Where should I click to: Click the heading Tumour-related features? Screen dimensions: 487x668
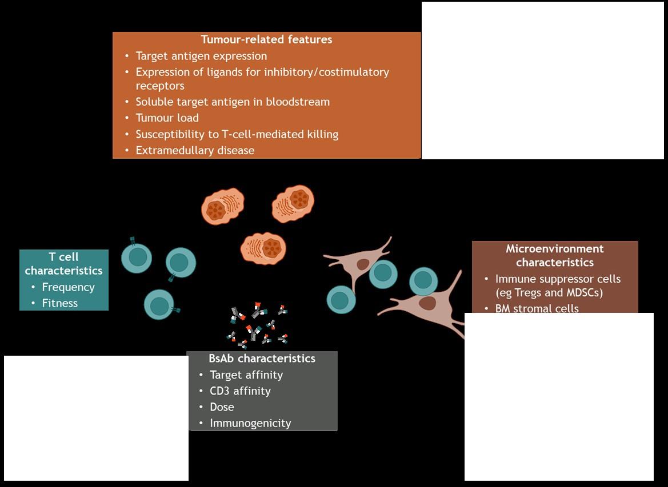[266, 39]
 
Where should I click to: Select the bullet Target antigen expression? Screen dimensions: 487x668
[201, 56]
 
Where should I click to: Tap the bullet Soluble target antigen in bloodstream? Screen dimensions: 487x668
[233, 102]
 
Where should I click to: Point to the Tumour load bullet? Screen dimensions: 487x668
[167, 118]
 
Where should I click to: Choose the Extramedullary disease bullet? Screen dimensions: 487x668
[195, 150]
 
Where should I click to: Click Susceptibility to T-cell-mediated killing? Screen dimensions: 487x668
[237, 134]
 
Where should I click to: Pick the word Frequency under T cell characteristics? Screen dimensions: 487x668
[68, 287]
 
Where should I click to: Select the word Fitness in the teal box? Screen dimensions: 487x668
[59, 303]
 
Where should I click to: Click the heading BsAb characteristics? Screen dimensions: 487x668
[262, 359]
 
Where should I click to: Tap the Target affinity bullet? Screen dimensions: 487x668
[246, 375]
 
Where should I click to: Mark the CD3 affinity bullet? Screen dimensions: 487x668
[240, 391]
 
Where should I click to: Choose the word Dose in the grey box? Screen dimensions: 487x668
[222, 407]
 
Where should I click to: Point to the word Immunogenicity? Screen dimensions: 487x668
[250, 423]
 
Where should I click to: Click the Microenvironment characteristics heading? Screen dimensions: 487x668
[554, 255]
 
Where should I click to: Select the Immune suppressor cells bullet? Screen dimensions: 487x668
[558, 279]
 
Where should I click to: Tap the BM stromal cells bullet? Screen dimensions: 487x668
[537, 308]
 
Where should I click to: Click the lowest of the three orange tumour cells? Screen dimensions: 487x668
[263, 249]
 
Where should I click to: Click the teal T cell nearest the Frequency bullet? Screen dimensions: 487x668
[137, 257]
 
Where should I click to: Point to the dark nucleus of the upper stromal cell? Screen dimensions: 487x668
[363, 264]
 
